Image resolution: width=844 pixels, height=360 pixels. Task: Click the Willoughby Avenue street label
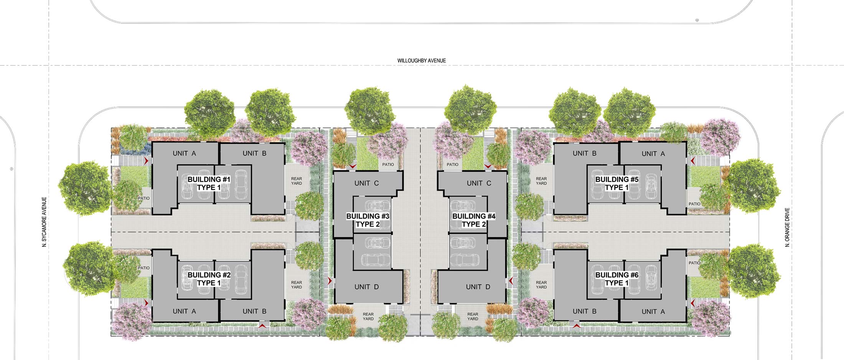421,61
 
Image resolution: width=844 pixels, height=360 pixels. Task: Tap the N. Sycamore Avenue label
45,222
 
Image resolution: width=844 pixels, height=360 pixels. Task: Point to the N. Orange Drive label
787,227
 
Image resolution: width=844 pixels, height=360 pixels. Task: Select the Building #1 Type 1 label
209,183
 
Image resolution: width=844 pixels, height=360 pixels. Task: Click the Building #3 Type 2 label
368,220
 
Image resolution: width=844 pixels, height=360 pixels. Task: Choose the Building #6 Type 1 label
617,279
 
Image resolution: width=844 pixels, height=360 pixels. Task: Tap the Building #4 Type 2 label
474,220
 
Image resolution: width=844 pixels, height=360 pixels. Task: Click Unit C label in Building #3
366,183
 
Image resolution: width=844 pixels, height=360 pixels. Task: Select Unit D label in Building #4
478,287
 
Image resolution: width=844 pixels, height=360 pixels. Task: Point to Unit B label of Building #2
254,311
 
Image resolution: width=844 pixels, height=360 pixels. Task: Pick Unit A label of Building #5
653,154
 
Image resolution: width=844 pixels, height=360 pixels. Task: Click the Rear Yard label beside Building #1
297,181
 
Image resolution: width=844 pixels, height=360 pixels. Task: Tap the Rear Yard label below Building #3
368,317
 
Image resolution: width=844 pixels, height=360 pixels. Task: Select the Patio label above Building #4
452,165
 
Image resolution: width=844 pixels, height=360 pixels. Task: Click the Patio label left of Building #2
144,268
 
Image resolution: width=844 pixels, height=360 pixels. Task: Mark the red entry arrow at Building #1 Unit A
146,161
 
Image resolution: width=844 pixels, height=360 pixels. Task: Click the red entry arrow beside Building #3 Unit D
330,281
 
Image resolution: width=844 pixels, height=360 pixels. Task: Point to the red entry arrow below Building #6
576,326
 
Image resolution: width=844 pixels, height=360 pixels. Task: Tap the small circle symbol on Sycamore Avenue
12,169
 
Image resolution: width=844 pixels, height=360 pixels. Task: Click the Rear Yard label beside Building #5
541,181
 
